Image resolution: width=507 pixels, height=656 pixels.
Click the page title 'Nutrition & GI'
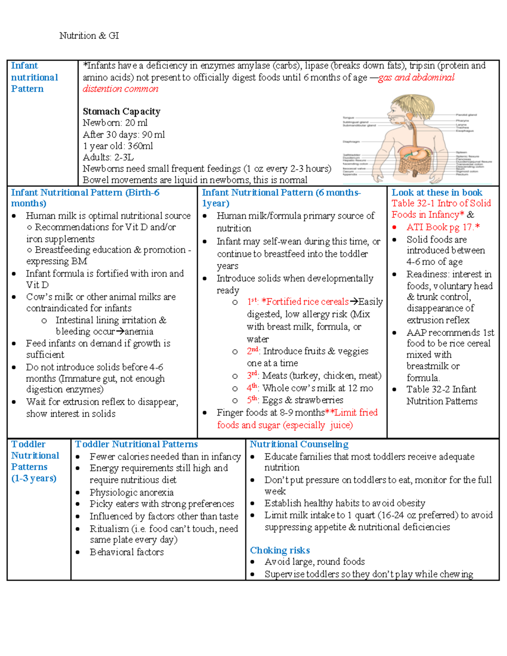[89, 36]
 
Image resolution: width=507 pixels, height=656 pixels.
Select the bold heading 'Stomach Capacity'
[121, 112]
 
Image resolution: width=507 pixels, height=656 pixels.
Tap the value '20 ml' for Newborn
[136, 123]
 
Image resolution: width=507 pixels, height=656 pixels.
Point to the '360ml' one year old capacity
[140, 146]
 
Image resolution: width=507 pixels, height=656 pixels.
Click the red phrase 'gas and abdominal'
[416, 77]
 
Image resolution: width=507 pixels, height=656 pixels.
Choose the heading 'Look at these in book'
[437, 193]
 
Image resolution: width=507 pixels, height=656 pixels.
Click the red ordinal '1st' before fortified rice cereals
[252, 302]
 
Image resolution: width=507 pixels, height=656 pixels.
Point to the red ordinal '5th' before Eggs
[252, 400]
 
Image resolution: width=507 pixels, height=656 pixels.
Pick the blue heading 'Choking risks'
[280, 550]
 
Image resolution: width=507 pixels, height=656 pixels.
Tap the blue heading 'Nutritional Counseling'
[299, 444]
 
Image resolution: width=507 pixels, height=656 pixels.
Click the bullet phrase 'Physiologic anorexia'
[131, 493]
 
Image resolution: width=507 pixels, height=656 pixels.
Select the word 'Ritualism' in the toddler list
[109, 529]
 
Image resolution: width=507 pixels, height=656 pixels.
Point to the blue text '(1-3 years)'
[34, 478]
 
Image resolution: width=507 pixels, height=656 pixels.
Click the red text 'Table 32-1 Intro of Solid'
[441, 203]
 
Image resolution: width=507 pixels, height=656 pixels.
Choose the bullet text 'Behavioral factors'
[126, 552]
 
